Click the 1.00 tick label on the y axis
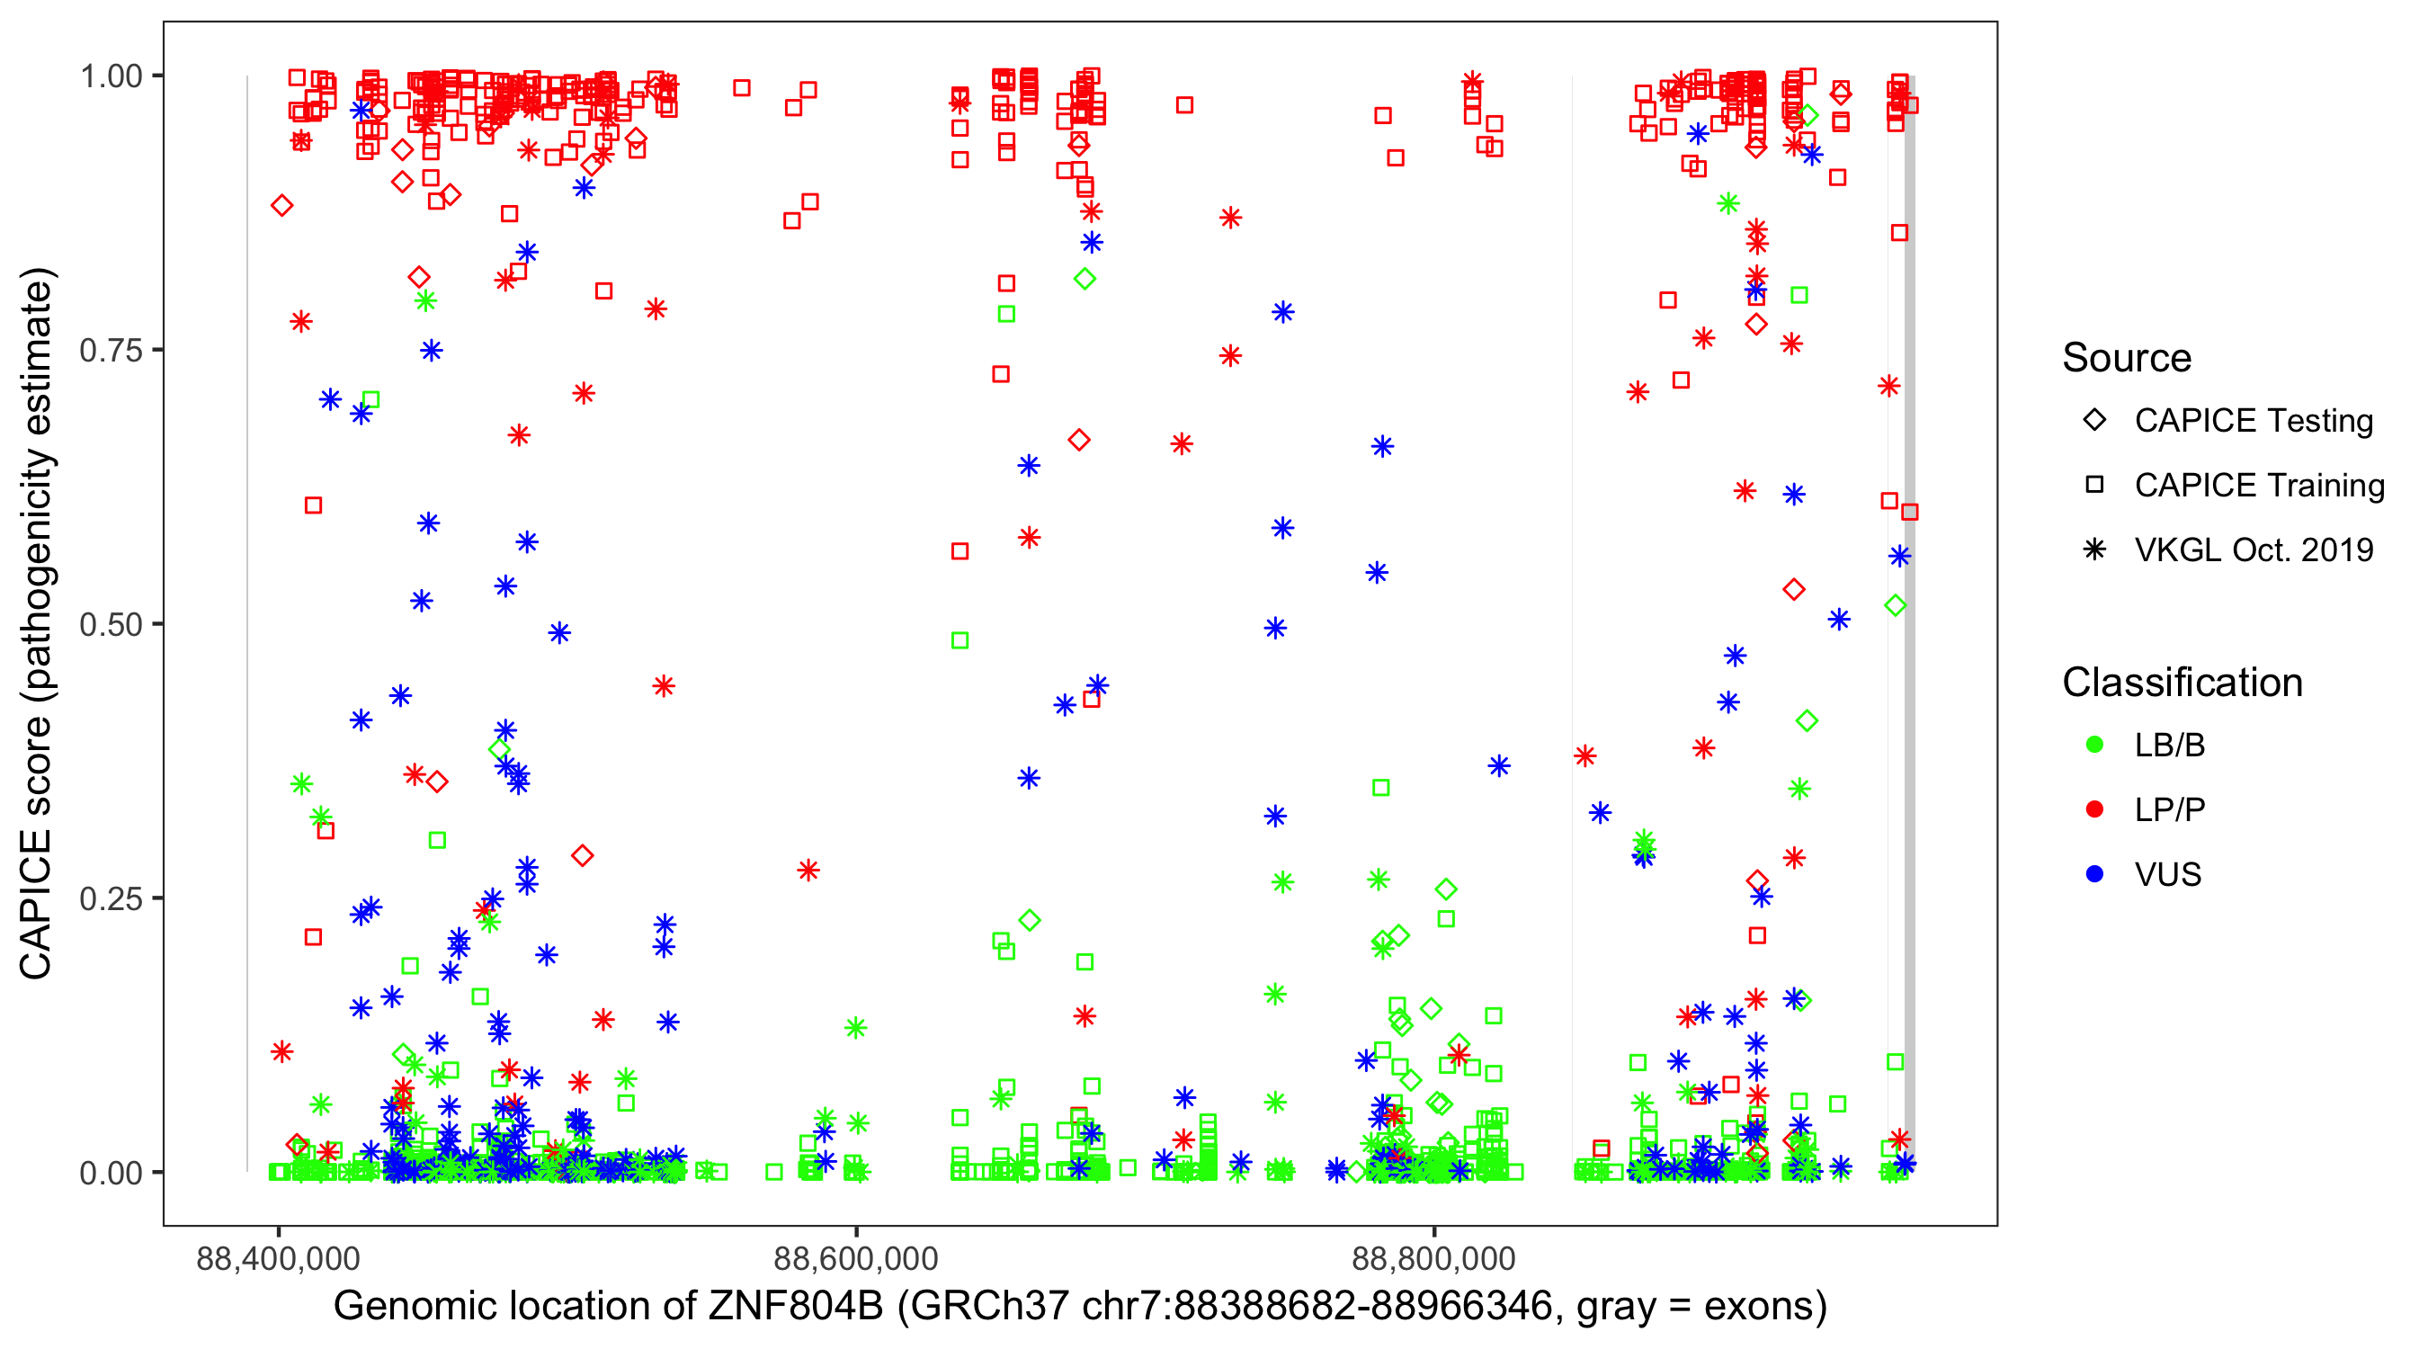coord(111,76)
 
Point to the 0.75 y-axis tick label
coord(111,351)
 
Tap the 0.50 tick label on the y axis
coord(111,625)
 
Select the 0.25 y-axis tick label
coord(111,898)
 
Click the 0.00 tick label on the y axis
coord(111,1173)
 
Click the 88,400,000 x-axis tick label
coord(278,1258)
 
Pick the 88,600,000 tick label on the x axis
coord(856,1258)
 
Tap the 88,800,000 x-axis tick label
coord(1433,1258)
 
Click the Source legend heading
coord(2127,358)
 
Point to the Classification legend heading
coord(2182,683)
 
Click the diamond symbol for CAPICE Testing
coord(2095,421)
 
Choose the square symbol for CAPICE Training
coord(2095,486)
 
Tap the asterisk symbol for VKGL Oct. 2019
coord(2095,549)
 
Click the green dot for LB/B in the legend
coord(2095,746)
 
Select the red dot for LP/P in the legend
coord(2095,809)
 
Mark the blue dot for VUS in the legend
coord(2095,875)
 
